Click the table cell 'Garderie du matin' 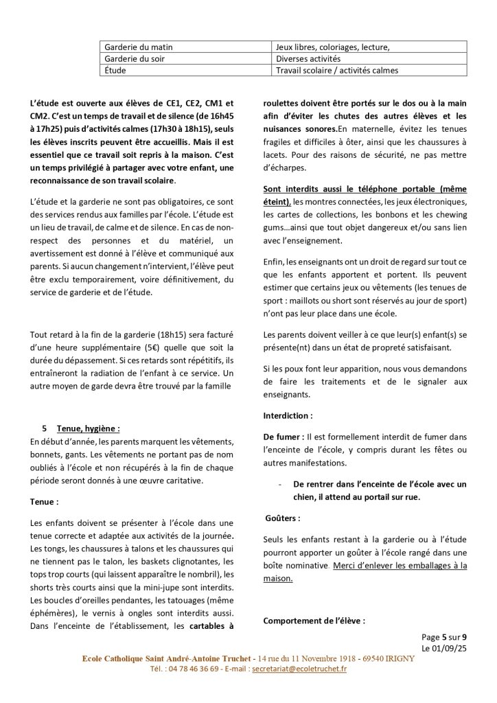[x=139, y=47]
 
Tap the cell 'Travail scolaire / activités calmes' [x=336, y=70]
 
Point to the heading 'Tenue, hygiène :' [x=89, y=428]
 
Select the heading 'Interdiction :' [x=288, y=415]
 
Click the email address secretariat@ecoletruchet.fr [x=299, y=669]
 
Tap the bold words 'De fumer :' [x=284, y=436]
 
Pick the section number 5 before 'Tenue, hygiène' [x=44, y=428]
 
